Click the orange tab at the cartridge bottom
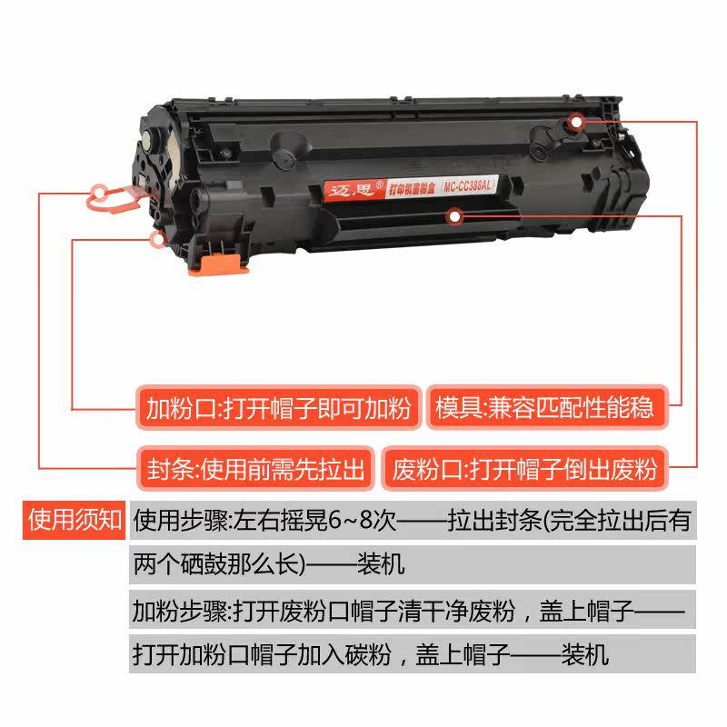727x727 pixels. coord(217,264)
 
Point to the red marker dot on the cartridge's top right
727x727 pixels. coord(576,121)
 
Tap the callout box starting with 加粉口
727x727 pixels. coord(278,406)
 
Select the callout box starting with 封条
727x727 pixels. coord(255,469)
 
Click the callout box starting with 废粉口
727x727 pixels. coord(524,469)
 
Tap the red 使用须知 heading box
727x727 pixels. coord(75,520)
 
